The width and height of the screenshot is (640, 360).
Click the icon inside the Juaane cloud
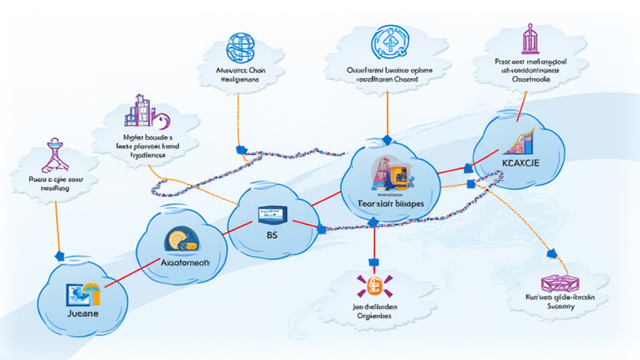[x=82, y=291]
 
